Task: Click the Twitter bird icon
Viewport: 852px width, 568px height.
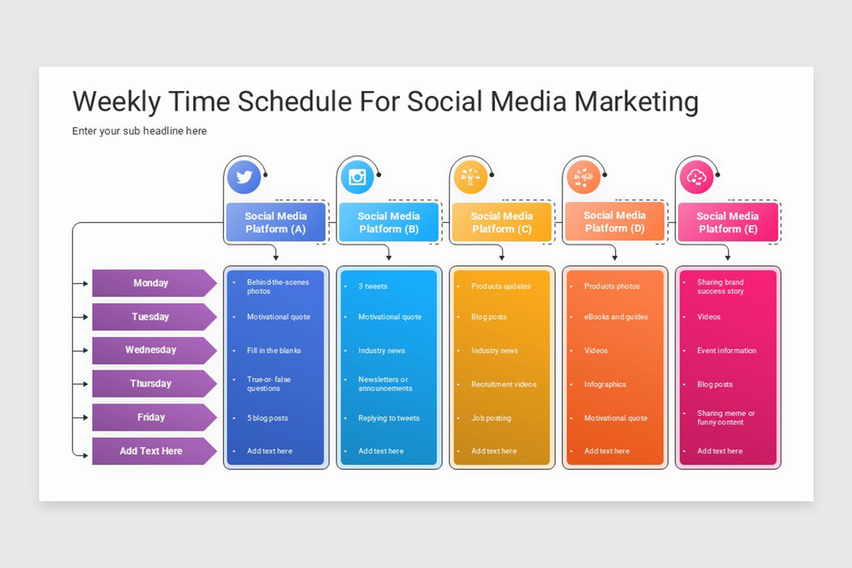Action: tap(244, 177)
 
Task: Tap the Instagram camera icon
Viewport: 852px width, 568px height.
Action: tap(357, 177)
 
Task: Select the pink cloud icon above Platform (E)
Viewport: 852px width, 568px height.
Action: tap(696, 177)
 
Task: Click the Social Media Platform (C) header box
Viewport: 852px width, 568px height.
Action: tap(501, 222)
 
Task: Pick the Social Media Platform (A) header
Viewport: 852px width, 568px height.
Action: tap(275, 222)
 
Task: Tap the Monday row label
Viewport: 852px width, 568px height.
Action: tap(151, 283)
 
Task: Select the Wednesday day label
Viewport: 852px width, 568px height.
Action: tap(151, 350)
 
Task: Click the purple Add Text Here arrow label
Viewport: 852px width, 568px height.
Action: tap(151, 451)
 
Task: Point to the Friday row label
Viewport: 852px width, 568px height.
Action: tap(151, 417)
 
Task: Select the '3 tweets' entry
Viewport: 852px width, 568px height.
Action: tap(373, 287)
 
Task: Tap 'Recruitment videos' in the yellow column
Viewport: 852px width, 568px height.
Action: tap(503, 384)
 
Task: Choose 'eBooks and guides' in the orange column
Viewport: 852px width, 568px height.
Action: tap(616, 317)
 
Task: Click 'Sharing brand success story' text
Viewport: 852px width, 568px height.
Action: tap(720, 287)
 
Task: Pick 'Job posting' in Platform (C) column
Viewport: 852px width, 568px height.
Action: tap(491, 418)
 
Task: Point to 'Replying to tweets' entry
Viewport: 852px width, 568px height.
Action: tap(388, 418)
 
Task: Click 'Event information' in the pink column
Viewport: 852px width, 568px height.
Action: tap(726, 351)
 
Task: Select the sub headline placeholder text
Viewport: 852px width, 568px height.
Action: tap(139, 131)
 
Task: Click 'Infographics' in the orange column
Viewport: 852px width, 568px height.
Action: tap(605, 384)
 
